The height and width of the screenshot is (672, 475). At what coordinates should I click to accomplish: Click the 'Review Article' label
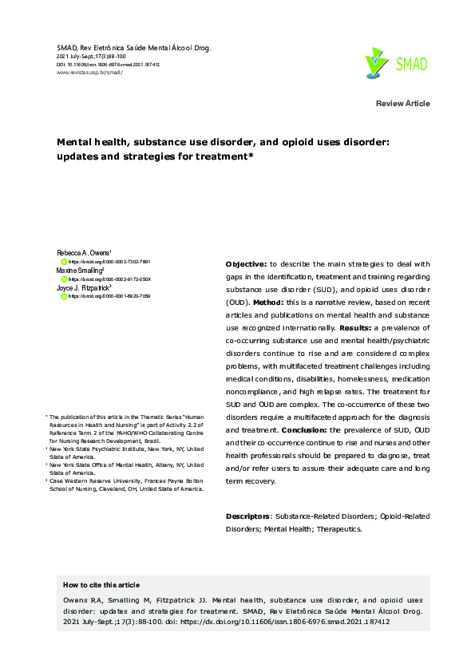pos(402,104)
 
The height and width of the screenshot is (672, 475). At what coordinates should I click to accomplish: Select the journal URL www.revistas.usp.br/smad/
pos(89,72)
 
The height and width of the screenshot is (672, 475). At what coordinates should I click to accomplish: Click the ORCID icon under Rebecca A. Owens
pos(65,262)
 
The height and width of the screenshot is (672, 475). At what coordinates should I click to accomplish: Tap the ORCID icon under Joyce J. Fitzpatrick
pos(65,296)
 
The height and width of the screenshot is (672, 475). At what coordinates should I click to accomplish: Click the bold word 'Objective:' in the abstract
pos(246,264)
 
